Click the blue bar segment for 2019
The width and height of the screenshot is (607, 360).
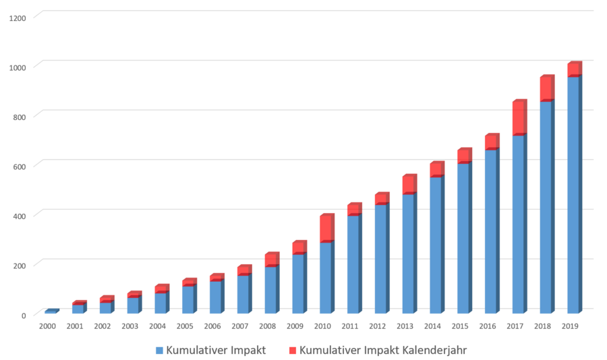(x=573, y=196)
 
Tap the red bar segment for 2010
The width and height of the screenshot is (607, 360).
(x=325, y=229)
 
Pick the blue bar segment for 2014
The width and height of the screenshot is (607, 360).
(x=435, y=245)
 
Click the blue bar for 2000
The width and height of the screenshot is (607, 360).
(x=49, y=311)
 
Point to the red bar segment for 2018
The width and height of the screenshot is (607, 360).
(x=546, y=89)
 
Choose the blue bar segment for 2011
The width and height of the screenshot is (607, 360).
(x=353, y=264)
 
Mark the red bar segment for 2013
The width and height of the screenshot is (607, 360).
(x=408, y=185)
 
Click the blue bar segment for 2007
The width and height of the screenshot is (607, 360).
(x=243, y=295)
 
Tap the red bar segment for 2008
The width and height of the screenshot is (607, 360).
(x=270, y=260)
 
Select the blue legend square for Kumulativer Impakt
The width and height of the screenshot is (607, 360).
(x=159, y=351)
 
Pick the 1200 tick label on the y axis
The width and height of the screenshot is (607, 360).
(x=19, y=18)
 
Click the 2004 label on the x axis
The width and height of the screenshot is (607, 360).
(x=158, y=326)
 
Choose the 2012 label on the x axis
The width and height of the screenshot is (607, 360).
(x=378, y=326)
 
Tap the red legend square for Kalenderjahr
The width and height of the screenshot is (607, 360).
(x=292, y=351)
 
